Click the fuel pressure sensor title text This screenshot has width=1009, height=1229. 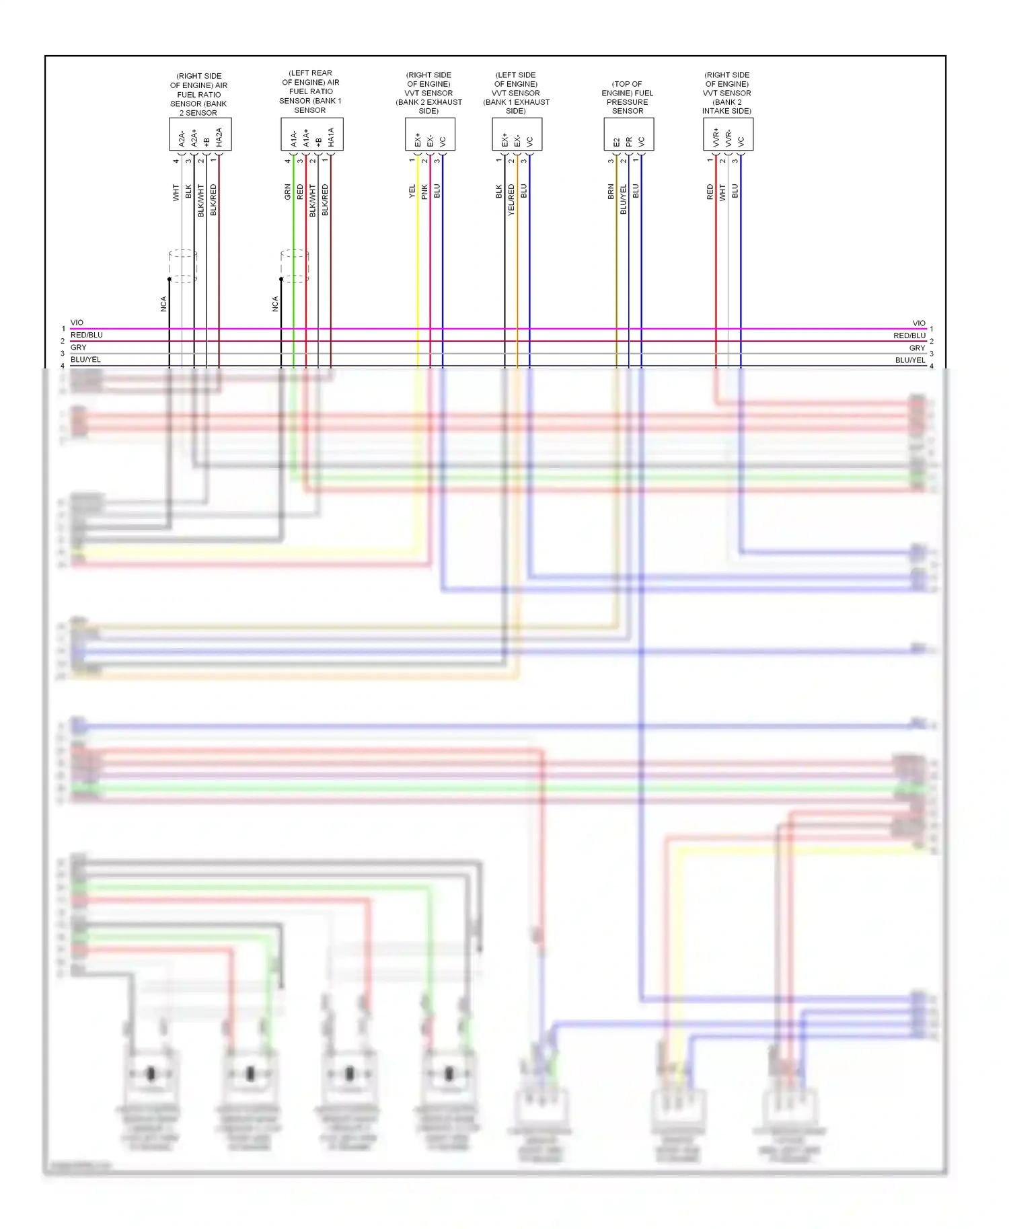tap(627, 97)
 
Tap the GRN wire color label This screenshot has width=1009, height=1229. tap(288, 192)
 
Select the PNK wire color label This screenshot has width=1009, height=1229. tap(424, 192)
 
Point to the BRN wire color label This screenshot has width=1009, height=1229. tap(611, 192)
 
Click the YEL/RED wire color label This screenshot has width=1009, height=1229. tap(511, 199)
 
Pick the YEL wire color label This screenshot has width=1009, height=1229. tap(412, 192)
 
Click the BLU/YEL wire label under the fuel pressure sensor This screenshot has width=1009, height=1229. tap(624, 199)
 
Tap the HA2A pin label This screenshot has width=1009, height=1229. tap(219, 137)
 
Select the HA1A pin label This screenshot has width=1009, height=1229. tap(331, 137)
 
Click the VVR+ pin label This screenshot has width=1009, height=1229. tap(716, 138)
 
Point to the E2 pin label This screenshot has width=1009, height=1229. tap(616, 142)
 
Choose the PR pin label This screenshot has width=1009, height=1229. tap(629, 142)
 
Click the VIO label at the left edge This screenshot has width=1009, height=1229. tap(77, 323)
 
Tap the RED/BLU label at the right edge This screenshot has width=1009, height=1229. tap(909, 335)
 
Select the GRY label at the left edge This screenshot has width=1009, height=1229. tap(79, 348)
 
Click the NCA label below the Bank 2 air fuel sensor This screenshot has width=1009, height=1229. tap(163, 304)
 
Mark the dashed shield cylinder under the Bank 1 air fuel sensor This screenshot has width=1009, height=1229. tap(295, 266)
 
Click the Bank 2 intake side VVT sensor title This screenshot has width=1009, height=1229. tap(726, 93)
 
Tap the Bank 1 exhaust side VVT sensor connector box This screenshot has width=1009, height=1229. tap(517, 134)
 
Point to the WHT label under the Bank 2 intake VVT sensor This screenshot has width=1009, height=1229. tap(723, 192)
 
